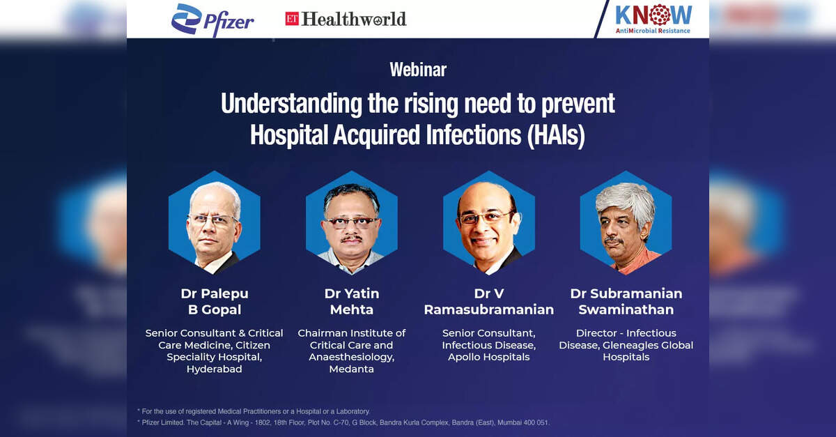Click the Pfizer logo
click(212, 20)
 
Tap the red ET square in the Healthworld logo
click(292, 19)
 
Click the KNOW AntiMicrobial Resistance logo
click(653, 19)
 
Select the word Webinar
click(418, 70)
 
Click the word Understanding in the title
click(291, 104)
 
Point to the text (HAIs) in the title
click(556, 135)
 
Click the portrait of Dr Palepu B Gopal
click(215, 223)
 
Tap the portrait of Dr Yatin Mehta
click(352, 223)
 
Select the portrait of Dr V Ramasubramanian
click(489, 223)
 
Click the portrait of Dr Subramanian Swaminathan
click(626, 223)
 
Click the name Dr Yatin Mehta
click(352, 301)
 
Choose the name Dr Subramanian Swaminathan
click(626, 301)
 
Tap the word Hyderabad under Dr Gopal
click(215, 369)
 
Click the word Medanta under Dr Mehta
click(352, 369)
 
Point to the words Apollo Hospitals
click(489, 357)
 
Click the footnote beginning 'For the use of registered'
click(254, 411)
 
